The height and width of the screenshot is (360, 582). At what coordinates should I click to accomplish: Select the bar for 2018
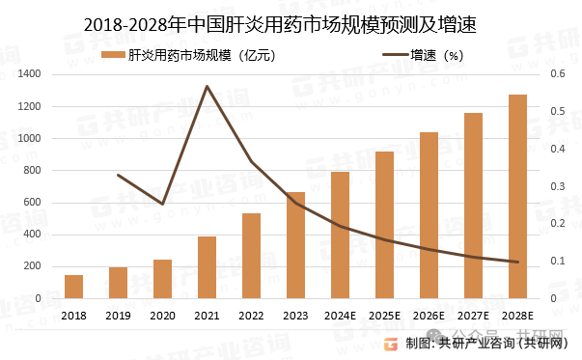(73, 287)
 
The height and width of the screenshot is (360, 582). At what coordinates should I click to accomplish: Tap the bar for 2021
(207, 267)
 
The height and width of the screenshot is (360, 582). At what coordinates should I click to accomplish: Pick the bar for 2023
(295, 245)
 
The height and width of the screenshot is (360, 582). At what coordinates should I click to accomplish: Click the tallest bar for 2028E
(517, 197)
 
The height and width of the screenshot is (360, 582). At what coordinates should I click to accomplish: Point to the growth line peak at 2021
(207, 87)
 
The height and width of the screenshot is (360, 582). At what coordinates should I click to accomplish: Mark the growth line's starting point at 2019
(118, 175)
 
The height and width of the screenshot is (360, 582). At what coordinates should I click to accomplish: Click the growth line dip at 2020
(162, 205)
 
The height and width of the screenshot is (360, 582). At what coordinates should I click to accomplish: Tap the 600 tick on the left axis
(31, 203)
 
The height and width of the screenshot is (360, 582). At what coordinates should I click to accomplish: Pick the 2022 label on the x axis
(251, 315)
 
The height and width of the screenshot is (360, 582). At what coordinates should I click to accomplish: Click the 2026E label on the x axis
(429, 315)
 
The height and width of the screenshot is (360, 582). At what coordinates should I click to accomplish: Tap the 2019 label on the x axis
(118, 315)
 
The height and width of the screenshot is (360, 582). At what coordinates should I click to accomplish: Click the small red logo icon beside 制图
(391, 343)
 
